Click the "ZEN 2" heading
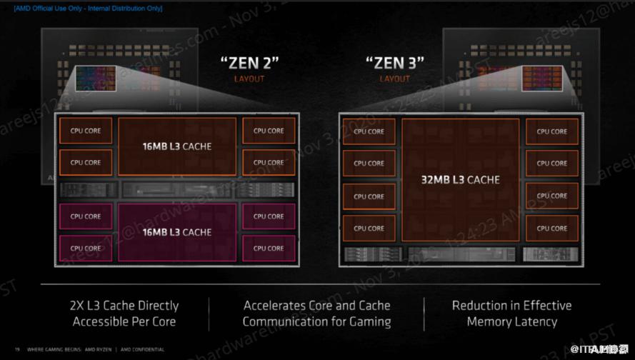point(249,62)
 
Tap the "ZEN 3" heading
point(395,62)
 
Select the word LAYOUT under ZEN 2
point(249,79)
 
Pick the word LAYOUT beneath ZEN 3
point(395,79)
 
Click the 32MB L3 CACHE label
point(460,179)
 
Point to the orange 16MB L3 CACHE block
point(176,146)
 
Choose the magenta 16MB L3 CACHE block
point(176,231)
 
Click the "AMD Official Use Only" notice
point(88,9)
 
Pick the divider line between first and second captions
point(209,313)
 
